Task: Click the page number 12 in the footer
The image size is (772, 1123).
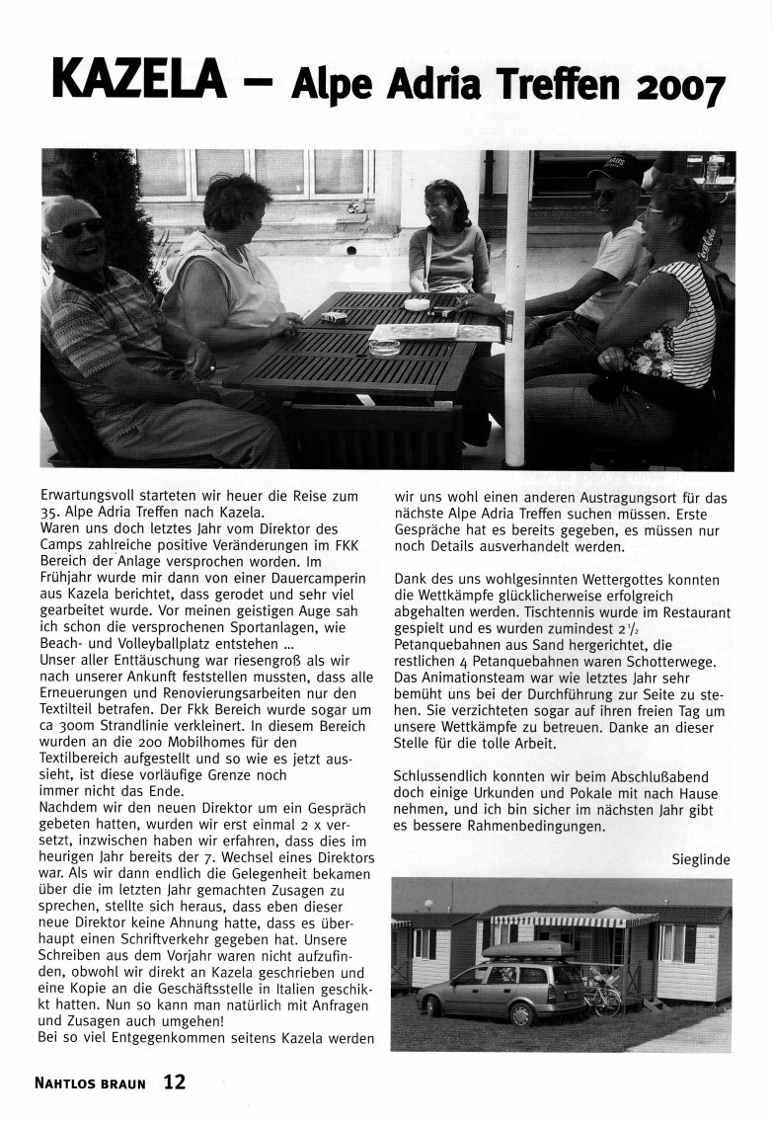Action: click(x=174, y=1082)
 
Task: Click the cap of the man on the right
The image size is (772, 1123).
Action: click(x=615, y=166)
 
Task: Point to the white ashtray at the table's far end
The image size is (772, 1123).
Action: click(x=417, y=303)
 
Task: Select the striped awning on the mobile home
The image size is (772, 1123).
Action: click(x=575, y=919)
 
